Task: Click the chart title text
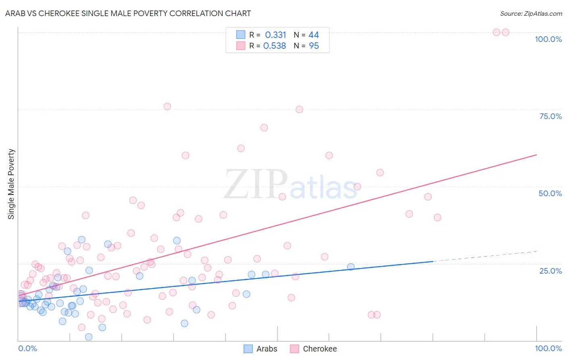[128, 13]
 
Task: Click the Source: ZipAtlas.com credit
[531, 13]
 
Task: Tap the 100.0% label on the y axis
[548, 39]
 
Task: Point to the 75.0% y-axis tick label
[550, 116]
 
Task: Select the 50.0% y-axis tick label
[550, 193]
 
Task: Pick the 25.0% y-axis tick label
[550, 271]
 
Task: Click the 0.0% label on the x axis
[27, 348]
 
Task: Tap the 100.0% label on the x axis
[548, 348]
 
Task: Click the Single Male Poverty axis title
[11, 184]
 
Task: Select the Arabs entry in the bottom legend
[261, 349]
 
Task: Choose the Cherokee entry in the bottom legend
[313, 349]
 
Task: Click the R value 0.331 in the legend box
[275, 35]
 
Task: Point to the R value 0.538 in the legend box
[275, 46]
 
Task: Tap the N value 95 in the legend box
[314, 46]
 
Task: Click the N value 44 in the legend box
[314, 35]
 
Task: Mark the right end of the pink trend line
[536, 155]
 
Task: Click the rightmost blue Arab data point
[351, 267]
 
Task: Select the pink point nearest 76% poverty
[167, 107]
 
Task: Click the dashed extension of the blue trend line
[484, 256]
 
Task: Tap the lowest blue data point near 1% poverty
[89, 337]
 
